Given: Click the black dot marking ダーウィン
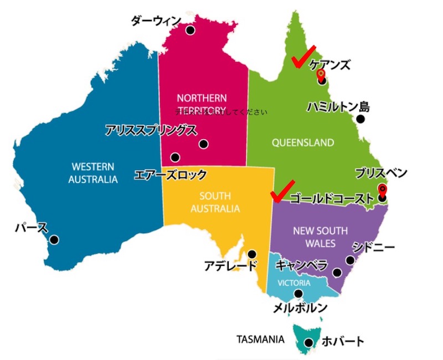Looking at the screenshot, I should tap(190, 30).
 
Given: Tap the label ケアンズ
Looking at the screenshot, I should tap(329, 64).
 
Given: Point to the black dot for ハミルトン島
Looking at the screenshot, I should tap(360, 119).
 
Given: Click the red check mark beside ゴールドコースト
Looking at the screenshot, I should tap(282, 191).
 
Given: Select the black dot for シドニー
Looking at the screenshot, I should tap(350, 260).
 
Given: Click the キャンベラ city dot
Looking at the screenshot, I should tap(337, 272).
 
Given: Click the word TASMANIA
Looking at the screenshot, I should tap(260, 338).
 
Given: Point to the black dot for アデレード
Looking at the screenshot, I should tap(252, 254).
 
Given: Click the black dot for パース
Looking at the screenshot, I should tap(54, 239).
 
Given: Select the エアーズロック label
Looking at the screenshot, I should tap(171, 175).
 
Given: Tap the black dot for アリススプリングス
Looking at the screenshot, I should tap(203, 144).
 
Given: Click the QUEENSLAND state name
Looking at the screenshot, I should tap(303, 142).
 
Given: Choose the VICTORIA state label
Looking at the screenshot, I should tap(290, 283).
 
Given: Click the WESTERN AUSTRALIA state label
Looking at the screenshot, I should tap(93, 173).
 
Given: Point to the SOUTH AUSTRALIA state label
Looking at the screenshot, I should tap(215, 202).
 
